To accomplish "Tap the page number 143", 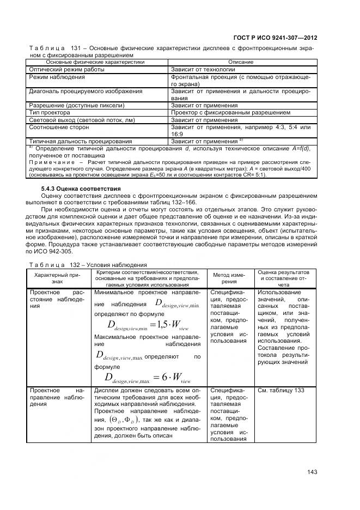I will click(x=312, y=472).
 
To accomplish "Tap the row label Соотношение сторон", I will click(x=58, y=127).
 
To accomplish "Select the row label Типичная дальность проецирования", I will click(x=80, y=141).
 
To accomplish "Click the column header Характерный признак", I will click(x=58, y=277).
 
